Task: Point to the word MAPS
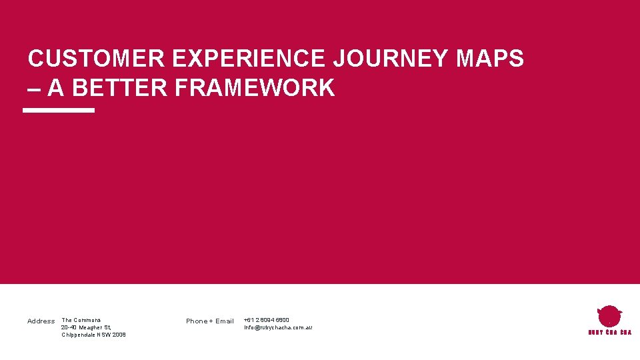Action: click(490, 59)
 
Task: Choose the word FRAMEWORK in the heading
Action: click(255, 88)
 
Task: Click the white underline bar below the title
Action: click(59, 111)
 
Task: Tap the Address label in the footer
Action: click(41, 321)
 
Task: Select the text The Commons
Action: click(81, 320)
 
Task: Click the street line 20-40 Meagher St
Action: click(86, 327)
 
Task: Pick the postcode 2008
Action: click(118, 335)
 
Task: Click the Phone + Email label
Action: click(209, 321)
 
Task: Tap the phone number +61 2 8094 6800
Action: click(267, 320)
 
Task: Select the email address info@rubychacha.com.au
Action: click(278, 327)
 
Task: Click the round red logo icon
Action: click(609, 316)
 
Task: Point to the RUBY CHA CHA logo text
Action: click(609, 332)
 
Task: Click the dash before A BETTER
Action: click(34, 88)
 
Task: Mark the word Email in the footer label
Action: click(225, 321)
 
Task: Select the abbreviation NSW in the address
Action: click(104, 335)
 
